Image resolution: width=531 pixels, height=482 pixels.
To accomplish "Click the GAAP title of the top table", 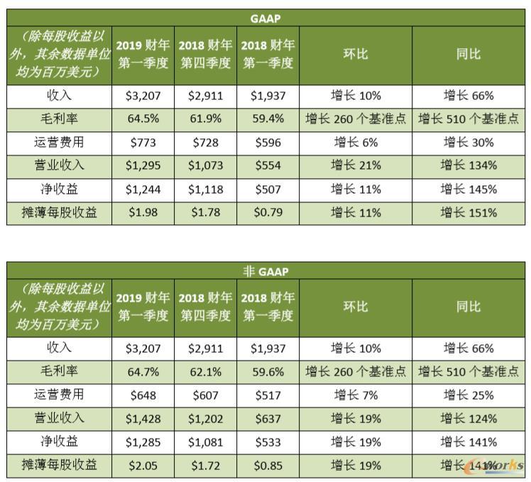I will point(266,18).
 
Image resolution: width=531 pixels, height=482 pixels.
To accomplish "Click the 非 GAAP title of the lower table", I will point(266,271).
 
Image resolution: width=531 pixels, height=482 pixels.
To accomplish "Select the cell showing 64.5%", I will point(143,119).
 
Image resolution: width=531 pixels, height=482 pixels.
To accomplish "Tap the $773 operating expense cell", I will point(143,142).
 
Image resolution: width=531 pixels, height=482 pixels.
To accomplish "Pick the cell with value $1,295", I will point(143,165).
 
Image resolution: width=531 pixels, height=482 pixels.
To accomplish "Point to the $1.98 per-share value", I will point(143,212).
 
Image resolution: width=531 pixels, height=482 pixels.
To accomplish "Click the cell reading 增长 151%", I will point(468,212).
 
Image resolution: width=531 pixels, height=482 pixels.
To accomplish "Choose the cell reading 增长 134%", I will point(468,165).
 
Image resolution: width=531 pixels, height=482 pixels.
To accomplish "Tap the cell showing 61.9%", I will point(205,119).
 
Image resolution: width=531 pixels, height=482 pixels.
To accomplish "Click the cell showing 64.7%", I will point(143,371).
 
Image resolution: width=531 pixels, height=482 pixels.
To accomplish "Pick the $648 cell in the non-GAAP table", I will point(143,395).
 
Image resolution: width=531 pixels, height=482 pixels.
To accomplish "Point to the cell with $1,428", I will point(143,418).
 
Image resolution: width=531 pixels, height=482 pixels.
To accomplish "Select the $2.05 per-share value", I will point(143,466).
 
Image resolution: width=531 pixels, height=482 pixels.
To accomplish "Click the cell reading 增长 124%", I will point(468,418).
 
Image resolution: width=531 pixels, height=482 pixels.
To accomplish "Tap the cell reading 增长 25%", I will point(468,395).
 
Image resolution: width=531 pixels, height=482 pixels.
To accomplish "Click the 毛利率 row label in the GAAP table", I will point(60,119).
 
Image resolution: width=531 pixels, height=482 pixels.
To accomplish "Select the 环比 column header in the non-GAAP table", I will point(356,307).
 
